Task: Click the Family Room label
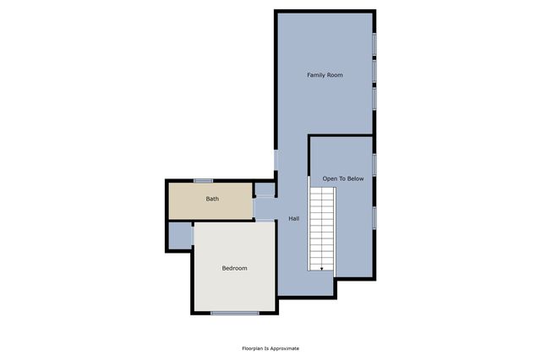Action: point(324,75)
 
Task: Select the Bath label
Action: point(212,200)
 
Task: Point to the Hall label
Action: point(293,219)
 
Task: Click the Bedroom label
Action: point(234,268)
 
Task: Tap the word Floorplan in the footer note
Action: point(253,348)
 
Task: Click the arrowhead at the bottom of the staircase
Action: point(321,268)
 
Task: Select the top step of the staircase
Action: point(321,190)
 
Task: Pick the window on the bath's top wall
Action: point(202,180)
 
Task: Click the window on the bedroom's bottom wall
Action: point(234,314)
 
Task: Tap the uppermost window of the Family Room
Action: point(374,44)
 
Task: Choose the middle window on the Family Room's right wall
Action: point(374,71)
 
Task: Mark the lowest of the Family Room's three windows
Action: point(374,98)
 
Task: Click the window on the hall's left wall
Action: point(276,159)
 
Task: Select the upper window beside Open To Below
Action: point(374,163)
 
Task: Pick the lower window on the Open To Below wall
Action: point(374,216)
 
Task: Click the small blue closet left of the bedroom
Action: point(180,236)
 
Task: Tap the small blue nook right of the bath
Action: point(265,189)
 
